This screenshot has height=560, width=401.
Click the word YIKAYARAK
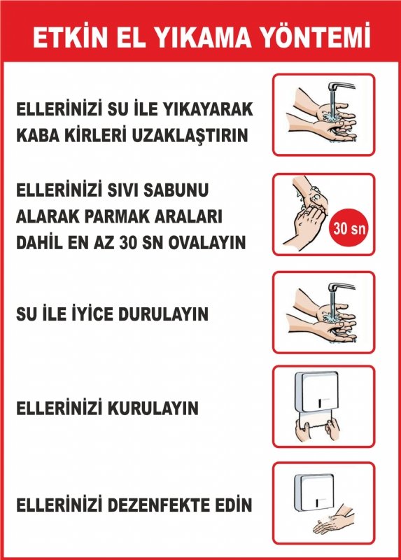(207, 109)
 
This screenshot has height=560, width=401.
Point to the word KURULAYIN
(153, 408)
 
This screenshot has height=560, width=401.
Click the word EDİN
(234, 504)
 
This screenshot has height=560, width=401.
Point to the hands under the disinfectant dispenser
(334, 519)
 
